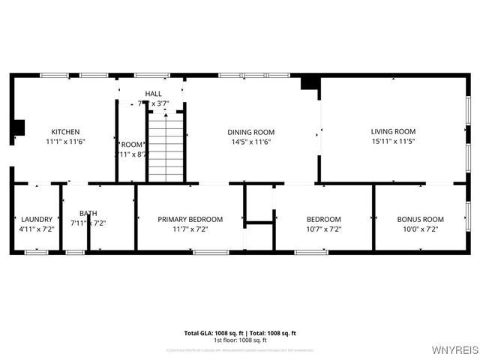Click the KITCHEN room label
65,131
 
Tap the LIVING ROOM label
393,131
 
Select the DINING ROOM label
250,131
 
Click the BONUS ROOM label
420,219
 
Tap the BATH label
88,213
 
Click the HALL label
153,94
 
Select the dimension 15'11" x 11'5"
393,141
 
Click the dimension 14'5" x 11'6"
250,141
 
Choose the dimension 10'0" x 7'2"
420,229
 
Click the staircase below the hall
166,146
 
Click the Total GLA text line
240,332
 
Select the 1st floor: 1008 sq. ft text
240,340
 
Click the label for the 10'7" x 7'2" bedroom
323,219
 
